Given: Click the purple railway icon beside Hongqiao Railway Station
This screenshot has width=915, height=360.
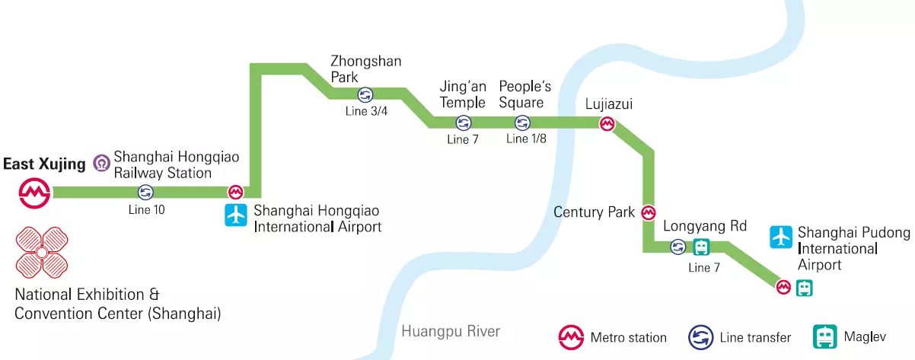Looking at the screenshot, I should pyautogui.click(x=101, y=163).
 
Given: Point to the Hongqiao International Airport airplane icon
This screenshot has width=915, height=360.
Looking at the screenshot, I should pyautogui.click(x=237, y=215).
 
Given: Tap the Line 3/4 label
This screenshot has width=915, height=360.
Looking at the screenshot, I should pyautogui.click(x=366, y=111).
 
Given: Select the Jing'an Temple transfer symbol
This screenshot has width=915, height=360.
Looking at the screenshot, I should pyautogui.click(x=462, y=123).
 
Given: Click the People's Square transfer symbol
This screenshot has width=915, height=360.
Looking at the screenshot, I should pyautogui.click(x=522, y=123).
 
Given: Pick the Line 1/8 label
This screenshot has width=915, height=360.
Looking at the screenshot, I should pyautogui.click(x=526, y=139).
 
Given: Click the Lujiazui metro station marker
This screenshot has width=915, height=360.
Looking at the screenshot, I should pyautogui.click(x=607, y=123).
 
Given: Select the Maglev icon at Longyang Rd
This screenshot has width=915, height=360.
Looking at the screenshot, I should pyautogui.click(x=700, y=247).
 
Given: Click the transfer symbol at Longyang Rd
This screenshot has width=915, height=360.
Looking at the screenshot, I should pyautogui.click(x=677, y=247).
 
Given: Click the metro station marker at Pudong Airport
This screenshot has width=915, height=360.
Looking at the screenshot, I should pyautogui.click(x=783, y=287).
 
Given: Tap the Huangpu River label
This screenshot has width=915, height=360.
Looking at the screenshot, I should pyautogui.click(x=451, y=331).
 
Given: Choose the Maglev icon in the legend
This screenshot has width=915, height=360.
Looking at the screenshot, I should pyautogui.click(x=825, y=336).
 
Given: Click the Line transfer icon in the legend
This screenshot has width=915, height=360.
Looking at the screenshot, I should pyautogui.click(x=700, y=336).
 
